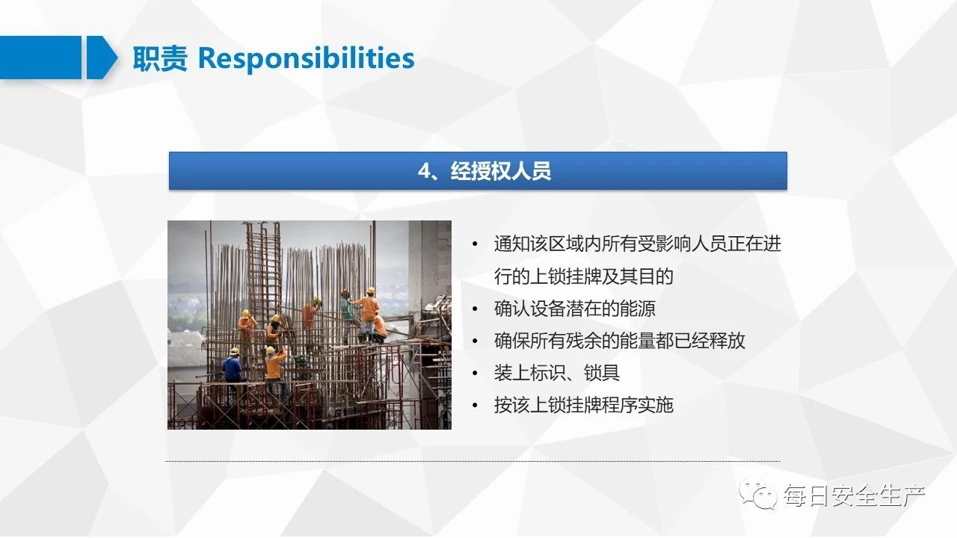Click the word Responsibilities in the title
pos(306,59)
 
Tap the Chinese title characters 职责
pos(160,58)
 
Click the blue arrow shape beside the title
pos(102,58)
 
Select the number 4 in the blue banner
pos(425,171)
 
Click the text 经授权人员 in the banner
pos(501,171)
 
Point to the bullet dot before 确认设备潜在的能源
pos(475,309)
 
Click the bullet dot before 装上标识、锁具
pos(475,373)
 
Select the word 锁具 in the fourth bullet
pos(602,373)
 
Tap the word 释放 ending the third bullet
pos(727,341)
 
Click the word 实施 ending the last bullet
pos(656,405)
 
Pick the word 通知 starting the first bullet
pos(512,244)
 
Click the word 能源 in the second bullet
pos(638,309)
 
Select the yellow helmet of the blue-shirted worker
pos(234,351)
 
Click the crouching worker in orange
pos(378,328)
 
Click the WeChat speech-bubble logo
pos(758,495)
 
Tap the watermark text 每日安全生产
pos(854,495)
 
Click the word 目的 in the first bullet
pos(656,276)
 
